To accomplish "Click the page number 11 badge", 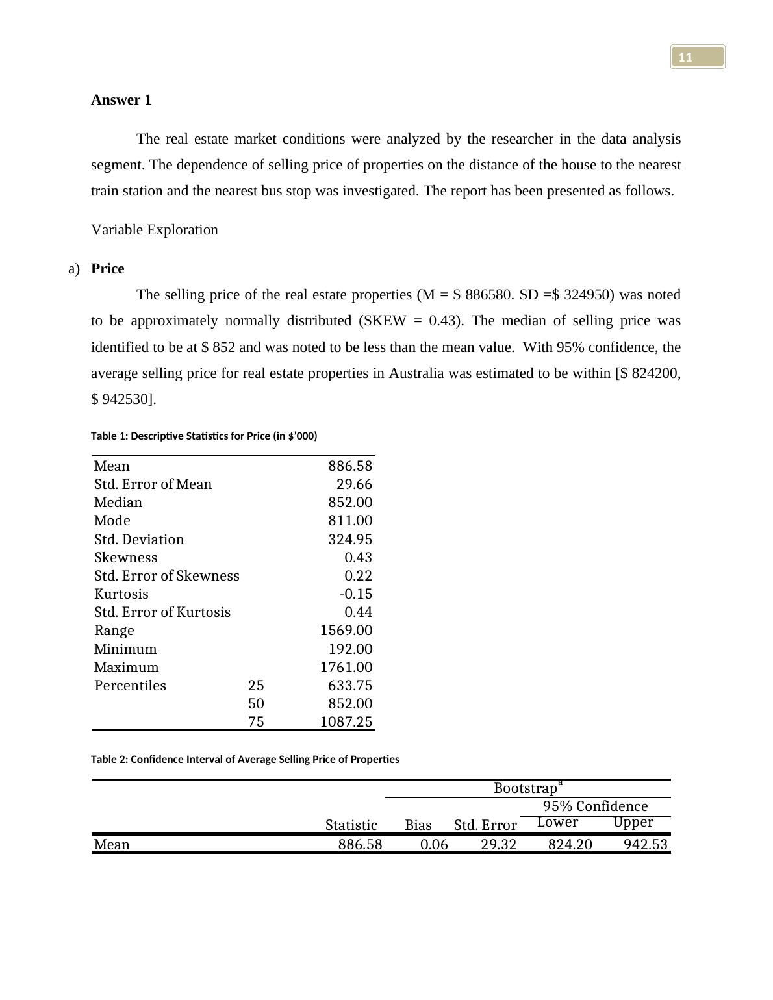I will point(697,57).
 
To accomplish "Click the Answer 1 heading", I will point(121,100).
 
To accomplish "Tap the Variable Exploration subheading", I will point(155,230).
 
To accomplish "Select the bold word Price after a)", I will point(107,269).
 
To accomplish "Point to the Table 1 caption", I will point(204,436).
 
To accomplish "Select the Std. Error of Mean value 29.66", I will point(354,484).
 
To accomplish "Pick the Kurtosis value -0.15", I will point(356,594).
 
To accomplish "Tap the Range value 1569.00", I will point(346,631).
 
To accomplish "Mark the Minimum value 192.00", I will point(350,649).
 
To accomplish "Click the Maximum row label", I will point(126,668).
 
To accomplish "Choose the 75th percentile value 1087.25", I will point(346,722).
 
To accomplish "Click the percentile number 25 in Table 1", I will point(256,686).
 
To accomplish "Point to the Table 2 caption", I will point(245,759).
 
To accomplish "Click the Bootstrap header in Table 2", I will point(526,788).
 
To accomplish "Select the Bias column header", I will point(418,825).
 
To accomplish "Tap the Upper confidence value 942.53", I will point(645,845).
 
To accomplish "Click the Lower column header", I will point(557,823).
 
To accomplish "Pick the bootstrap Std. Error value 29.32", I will point(498,845).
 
